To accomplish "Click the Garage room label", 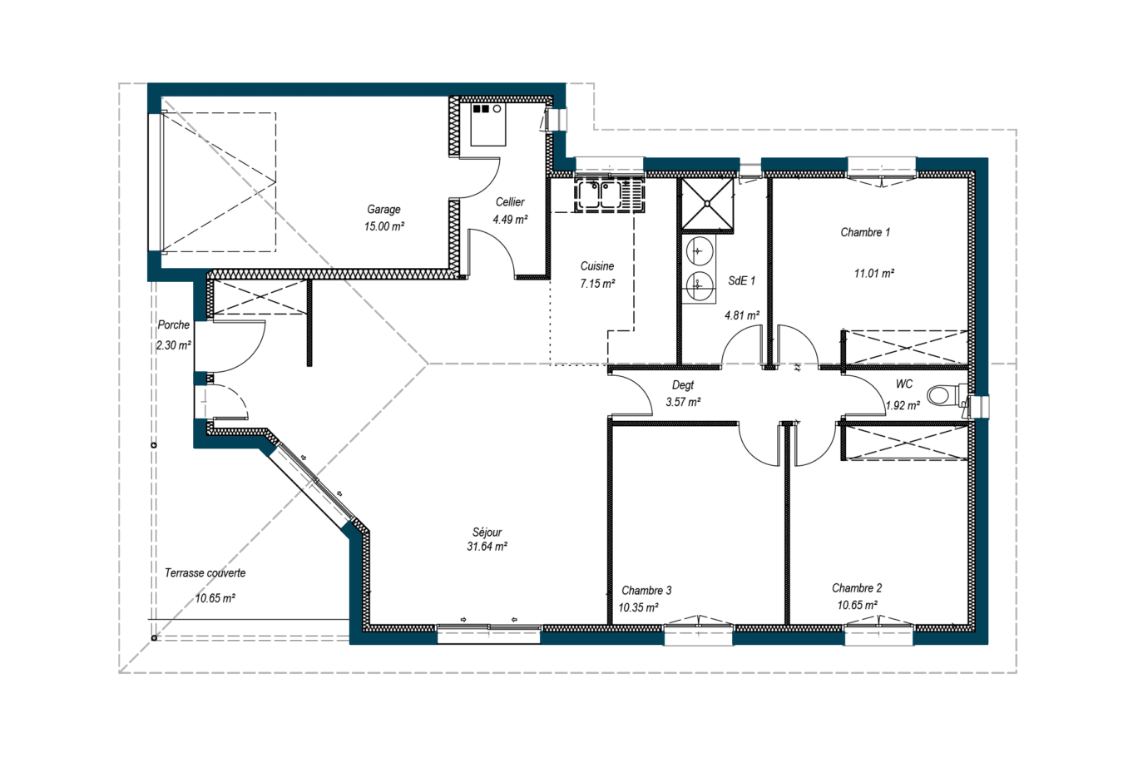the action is [x=383, y=210].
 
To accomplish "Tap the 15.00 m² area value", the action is [x=384, y=226].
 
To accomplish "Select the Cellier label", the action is [x=510, y=202].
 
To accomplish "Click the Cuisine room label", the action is [x=597, y=266].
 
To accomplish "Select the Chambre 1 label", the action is [x=865, y=232].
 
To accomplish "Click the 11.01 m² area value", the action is [x=874, y=273].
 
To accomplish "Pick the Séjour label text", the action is [x=487, y=533].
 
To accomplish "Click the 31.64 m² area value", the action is [x=487, y=547].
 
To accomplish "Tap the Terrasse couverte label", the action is [x=205, y=573].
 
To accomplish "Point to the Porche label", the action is [x=174, y=325].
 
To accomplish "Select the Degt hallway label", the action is [x=683, y=385].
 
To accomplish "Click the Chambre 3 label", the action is [x=646, y=591].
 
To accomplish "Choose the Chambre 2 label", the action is [x=857, y=588].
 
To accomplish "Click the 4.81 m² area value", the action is [x=742, y=315].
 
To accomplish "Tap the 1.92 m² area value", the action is [x=903, y=405].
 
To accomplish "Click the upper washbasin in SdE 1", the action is [x=699, y=250].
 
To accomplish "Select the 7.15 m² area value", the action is [x=597, y=284].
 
